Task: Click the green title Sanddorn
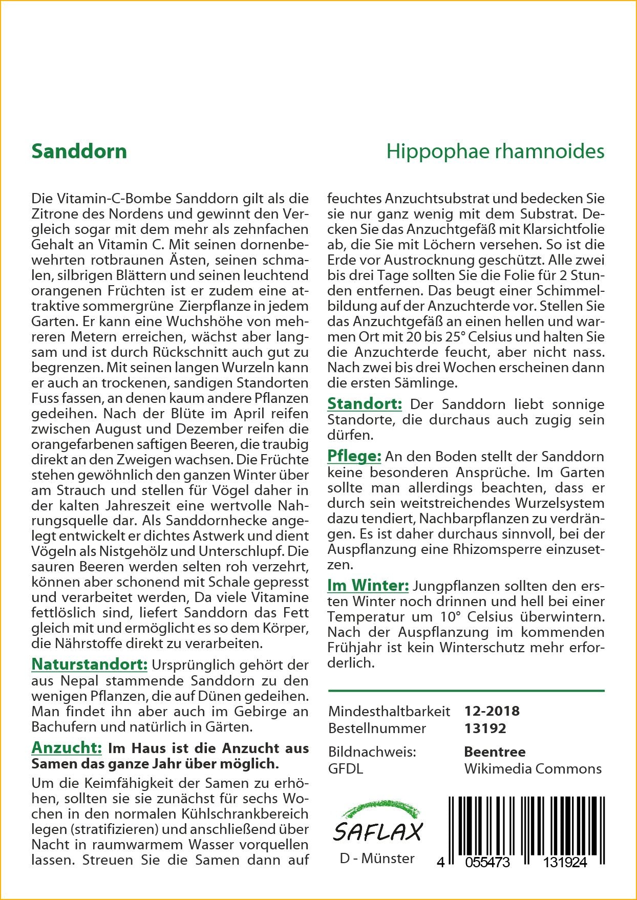coord(79,152)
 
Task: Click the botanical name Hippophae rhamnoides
coord(495,152)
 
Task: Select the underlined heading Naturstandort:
coord(89,664)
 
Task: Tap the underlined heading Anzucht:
coord(67,747)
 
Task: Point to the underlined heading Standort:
coord(365,403)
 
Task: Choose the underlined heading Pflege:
coord(354,456)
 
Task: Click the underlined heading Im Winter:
coord(368,585)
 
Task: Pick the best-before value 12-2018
coord(492,711)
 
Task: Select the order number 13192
coord(485,728)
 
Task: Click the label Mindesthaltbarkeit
coord(389,711)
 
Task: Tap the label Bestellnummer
coord(377,728)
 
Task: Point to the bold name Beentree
coord(495,752)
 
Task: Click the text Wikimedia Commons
coord(533,768)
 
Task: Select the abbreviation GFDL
coord(346,768)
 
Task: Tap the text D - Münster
coord(377,858)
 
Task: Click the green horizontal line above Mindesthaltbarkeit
coord(466,691)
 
